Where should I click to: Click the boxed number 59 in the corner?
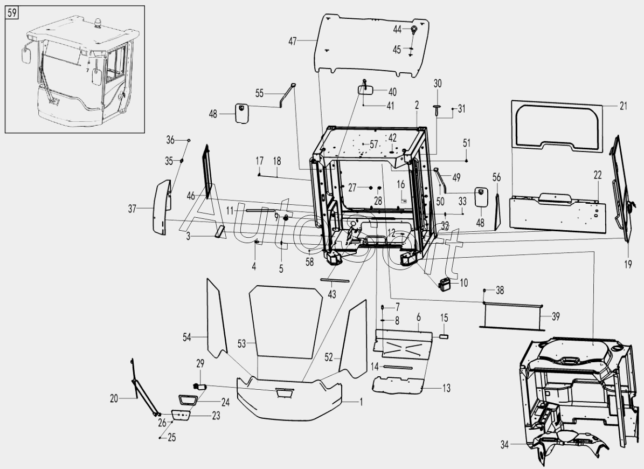click(x=12, y=12)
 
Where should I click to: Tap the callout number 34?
click(x=504, y=445)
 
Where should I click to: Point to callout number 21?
click(x=624, y=106)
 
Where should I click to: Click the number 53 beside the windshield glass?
click(x=241, y=343)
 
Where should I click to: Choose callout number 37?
click(x=133, y=209)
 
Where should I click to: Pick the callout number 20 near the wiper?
click(x=114, y=399)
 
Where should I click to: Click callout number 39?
click(x=556, y=316)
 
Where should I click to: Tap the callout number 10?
click(x=464, y=282)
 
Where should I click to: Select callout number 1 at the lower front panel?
click(x=361, y=401)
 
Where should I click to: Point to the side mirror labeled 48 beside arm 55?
click(x=240, y=114)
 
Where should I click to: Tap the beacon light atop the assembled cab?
click(x=99, y=24)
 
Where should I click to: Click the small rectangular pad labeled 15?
click(x=445, y=335)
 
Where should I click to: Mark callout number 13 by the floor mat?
click(x=447, y=388)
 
